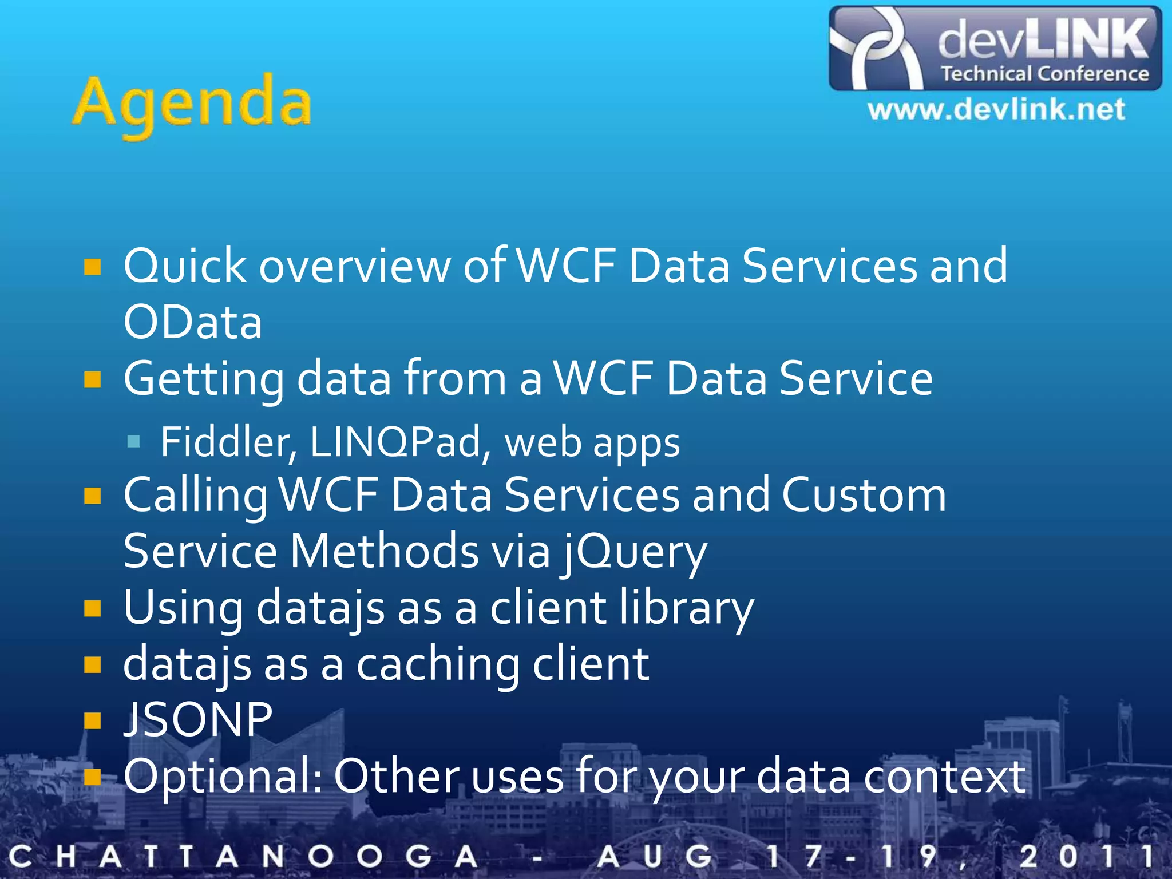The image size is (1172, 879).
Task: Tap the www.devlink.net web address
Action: pos(996,109)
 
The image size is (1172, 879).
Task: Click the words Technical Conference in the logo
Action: pos(1045,74)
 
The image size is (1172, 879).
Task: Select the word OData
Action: pos(193,322)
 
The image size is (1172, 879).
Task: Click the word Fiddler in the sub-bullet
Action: pos(228,442)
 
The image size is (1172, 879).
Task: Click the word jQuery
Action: pos(633,552)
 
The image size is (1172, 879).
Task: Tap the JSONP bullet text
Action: pos(197,719)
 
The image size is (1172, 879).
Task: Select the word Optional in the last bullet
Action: pos(223,777)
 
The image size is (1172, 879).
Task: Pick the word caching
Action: pos(438,664)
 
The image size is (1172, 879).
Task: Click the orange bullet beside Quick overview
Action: pos(92,267)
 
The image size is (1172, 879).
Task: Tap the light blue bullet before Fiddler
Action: pos(134,441)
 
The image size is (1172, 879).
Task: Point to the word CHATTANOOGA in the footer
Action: pos(243,857)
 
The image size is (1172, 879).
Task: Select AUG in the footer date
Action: pos(655,857)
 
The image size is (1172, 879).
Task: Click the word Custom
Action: pos(864,495)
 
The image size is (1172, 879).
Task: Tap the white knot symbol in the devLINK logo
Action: pos(876,49)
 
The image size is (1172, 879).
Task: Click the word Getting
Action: pos(204,379)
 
